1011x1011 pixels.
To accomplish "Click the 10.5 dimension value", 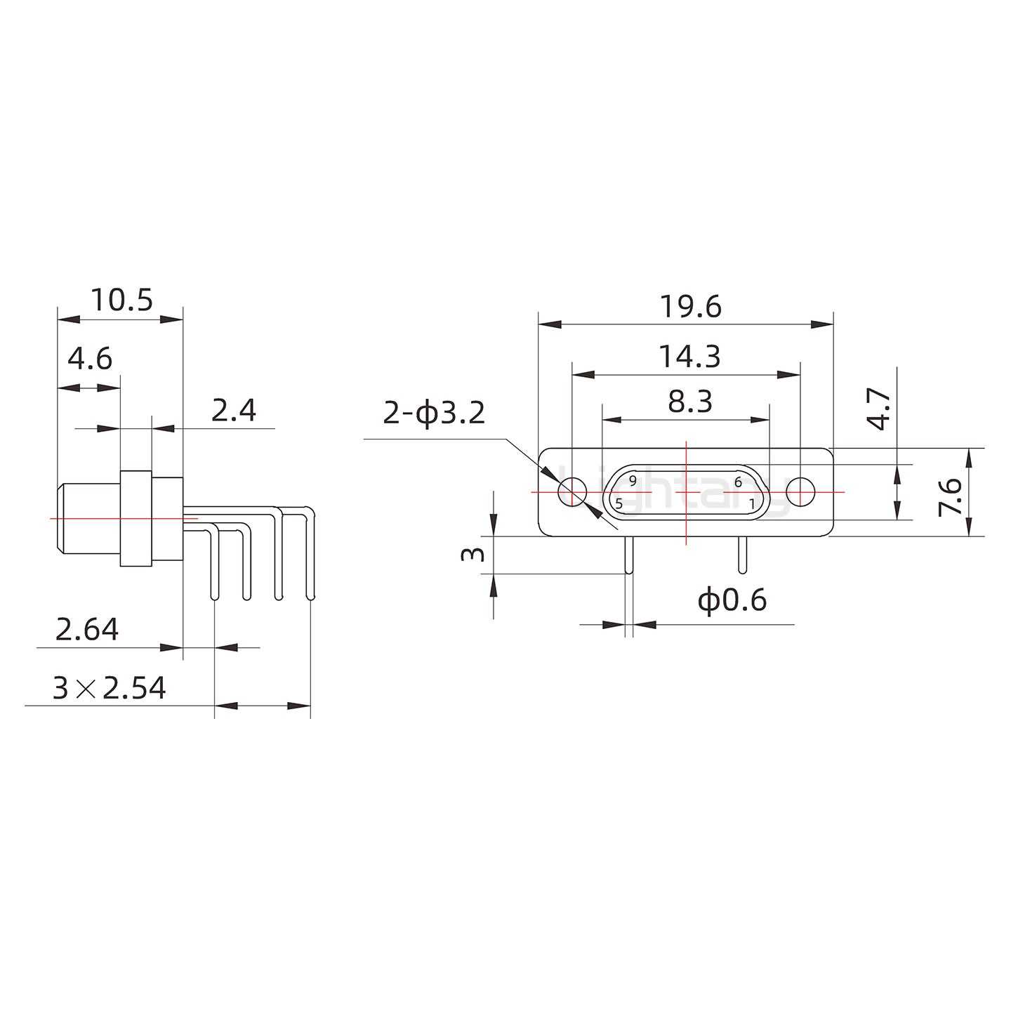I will click(x=121, y=300).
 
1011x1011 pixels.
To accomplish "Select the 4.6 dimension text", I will click(x=90, y=359).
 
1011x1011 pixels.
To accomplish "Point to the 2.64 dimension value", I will click(x=87, y=630).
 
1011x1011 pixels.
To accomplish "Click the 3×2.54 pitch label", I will click(x=110, y=689).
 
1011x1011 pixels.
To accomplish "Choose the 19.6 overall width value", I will click(x=690, y=307).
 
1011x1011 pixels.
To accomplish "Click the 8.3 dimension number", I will click(x=689, y=402).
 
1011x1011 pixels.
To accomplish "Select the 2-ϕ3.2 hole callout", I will click(x=434, y=414).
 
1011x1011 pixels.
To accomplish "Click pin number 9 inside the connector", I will click(x=633, y=481).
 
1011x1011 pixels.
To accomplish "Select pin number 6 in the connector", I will click(x=738, y=482).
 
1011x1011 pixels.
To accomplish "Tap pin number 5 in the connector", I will click(x=619, y=503).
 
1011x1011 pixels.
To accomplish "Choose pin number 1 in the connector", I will click(x=751, y=503).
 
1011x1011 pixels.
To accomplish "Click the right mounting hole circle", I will click(x=800, y=491).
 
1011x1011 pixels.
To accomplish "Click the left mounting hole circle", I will click(x=572, y=491).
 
